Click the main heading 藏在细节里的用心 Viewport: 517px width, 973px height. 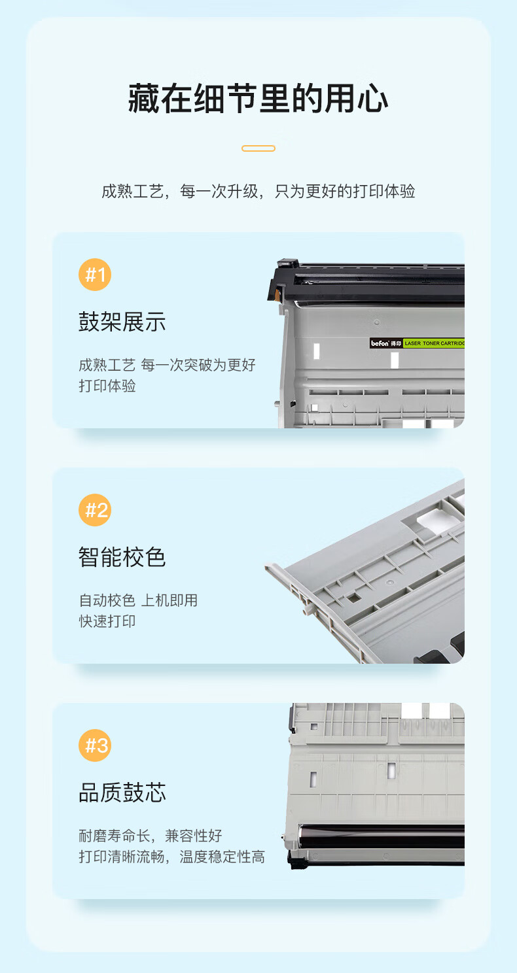click(258, 99)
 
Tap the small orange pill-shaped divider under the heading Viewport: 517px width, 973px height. click(258, 148)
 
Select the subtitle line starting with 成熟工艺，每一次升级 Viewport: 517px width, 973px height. click(258, 191)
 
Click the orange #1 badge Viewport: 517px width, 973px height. click(95, 275)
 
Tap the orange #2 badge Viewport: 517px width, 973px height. click(95, 510)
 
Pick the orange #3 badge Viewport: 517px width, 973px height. click(95, 745)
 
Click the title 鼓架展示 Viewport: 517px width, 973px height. click(122, 322)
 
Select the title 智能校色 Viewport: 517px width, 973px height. click(122, 557)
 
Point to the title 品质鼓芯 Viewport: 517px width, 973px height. click(122, 793)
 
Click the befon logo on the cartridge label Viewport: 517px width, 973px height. click(380, 343)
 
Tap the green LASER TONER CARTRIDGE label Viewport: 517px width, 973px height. click(434, 343)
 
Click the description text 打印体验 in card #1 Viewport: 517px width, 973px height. click(107, 386)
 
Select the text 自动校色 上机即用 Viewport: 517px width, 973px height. click(138, 600)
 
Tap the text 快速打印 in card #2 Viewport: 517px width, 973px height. click(107, 621)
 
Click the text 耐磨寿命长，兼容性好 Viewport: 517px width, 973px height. click(151, 836)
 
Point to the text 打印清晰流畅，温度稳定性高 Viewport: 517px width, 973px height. click(171, 857)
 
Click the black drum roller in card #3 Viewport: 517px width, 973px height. click(382, 836)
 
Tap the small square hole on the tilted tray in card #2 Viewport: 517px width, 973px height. click(353, 598)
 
